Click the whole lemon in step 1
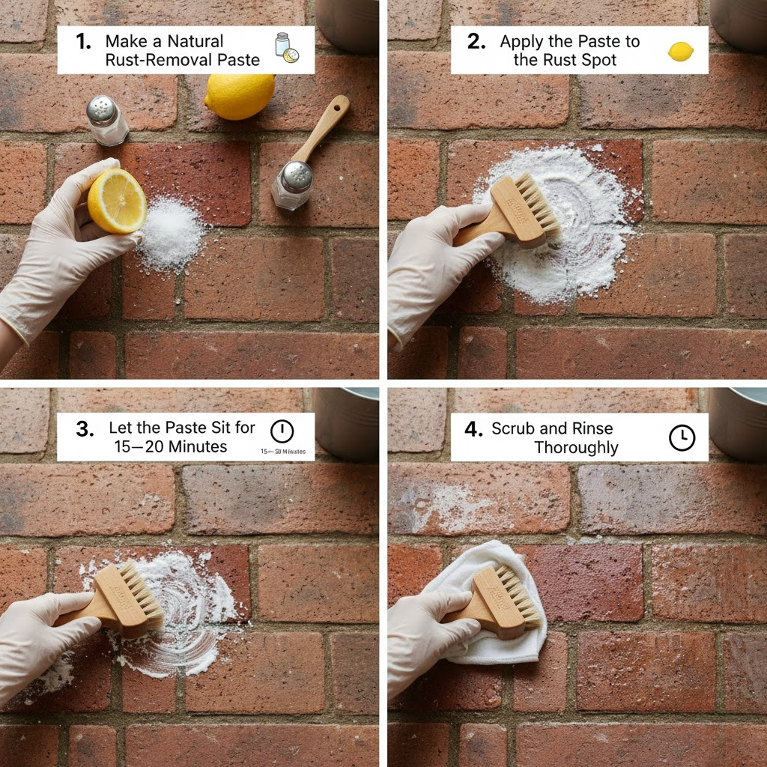pos(240,97)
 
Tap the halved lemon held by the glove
pos(116,200)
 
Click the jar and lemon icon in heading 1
pos(285,48)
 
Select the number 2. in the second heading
pos(476,42)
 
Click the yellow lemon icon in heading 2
pos(680,51)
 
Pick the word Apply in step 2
pos(523,42)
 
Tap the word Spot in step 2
pos(598,60)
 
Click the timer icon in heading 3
pos(282,431)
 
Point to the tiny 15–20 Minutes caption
pos(282,452)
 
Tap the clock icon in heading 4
pos(682,438)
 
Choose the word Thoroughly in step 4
pos(575,448)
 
